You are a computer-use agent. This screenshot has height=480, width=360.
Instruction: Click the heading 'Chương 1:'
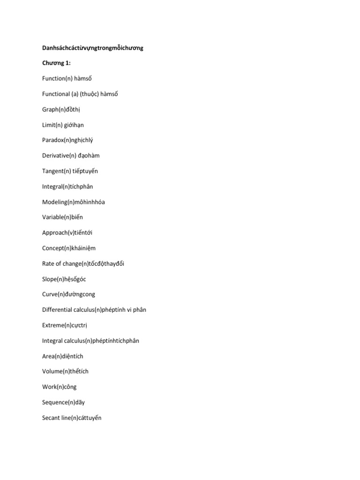[x=56, y=63]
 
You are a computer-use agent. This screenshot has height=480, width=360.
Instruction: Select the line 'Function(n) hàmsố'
[x=67, y=79]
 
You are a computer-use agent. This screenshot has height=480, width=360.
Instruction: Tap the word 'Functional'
[x=56, y=94]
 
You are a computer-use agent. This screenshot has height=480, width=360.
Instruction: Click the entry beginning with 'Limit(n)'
[x=63, y=125]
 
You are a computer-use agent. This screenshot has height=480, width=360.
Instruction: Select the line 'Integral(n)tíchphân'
[x=67, y=187]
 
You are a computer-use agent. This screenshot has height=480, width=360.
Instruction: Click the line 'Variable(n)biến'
[x=62, y=217]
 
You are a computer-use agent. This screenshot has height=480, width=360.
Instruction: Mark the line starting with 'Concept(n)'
[x=69, y=248]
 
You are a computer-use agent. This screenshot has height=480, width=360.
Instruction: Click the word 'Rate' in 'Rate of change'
[x=48, y=264]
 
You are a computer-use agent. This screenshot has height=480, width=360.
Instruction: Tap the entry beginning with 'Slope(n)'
[x=64, y=279]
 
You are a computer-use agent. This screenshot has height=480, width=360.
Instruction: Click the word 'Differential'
[x=57, y=310]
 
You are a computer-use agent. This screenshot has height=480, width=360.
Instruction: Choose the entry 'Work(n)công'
[x=60, y=387]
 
